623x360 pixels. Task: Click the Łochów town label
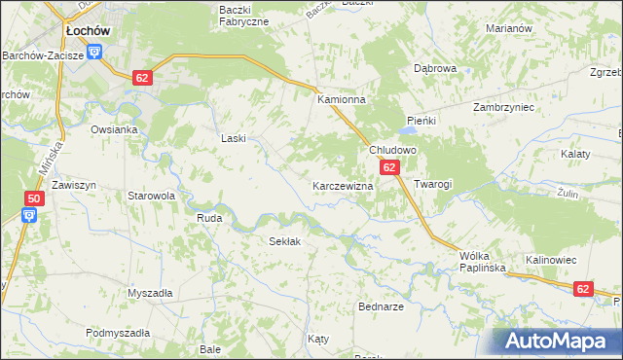pyautogui.click(x=87, y=31)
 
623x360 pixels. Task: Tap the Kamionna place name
pyautogui.click(x=340, y=99)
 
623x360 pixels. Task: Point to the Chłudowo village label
pyautogui.click(x=392, y=151)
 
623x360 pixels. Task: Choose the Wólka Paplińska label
pyautogui.click(x=478, y=262)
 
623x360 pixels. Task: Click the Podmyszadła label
pyautogui.click(x=117, y=333)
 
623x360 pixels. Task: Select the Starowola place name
pyautogui.click(x=151, y=196)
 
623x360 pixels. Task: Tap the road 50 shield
pyautogui.click(x=33, y=199)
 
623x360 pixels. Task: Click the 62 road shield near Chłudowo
pyautogui.click(x=389, y=168)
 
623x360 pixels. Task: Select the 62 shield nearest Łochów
pyautogui.click(x=143, y=77)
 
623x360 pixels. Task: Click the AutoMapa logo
pyautogui.click(x=559, y=342)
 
